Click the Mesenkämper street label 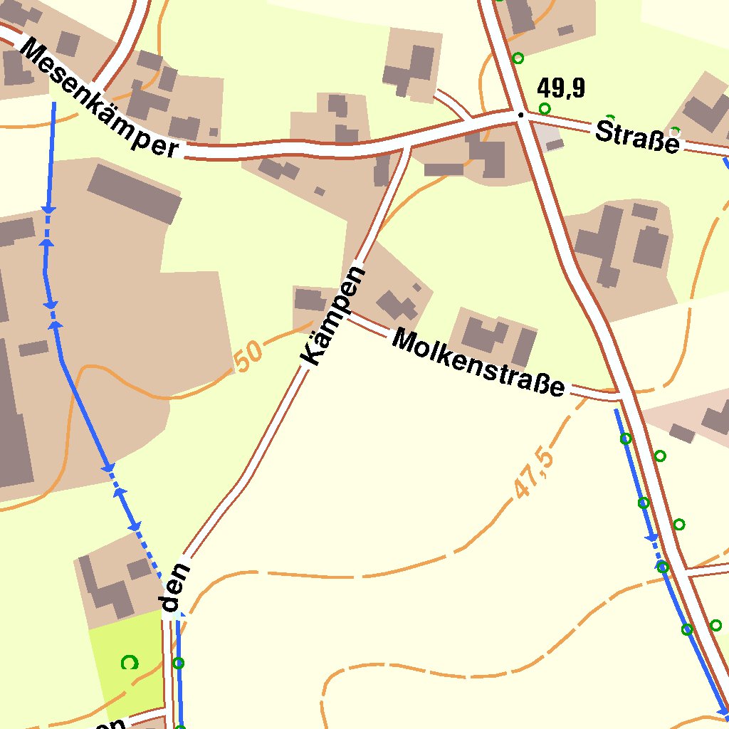99,98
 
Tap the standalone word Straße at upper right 636,137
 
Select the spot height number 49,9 561,88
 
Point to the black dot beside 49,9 521,115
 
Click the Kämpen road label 332,316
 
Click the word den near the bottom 175,588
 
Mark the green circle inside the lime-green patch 130,663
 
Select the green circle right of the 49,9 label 545,108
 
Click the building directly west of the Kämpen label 310,299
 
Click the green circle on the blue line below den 179,664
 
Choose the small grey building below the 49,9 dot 554,145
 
